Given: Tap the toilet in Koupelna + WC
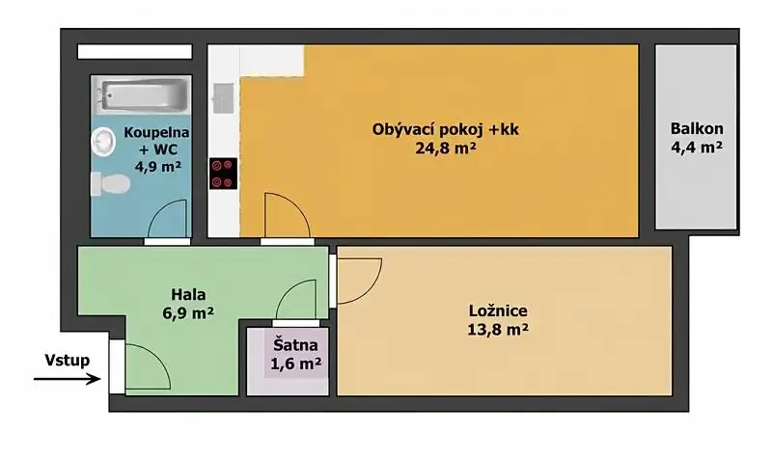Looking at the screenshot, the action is (111, 183).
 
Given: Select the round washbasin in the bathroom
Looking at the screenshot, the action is (103, 142).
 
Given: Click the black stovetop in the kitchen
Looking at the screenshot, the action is (223, 174).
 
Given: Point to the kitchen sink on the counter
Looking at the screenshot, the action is (223, 98).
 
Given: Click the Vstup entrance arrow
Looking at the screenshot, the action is (67, 379).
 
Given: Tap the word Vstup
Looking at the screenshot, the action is (68, 360).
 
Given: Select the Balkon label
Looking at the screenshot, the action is (697, 129).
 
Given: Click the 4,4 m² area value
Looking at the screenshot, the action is (697, 147).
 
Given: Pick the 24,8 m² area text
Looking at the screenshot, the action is (446, 148).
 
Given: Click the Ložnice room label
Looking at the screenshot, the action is (498, 310).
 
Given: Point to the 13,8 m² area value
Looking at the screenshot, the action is (498, 329).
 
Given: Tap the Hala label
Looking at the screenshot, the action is (188, 295).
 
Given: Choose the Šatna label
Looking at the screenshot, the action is (295, 345).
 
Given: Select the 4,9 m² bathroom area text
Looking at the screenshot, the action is (158, 166).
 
